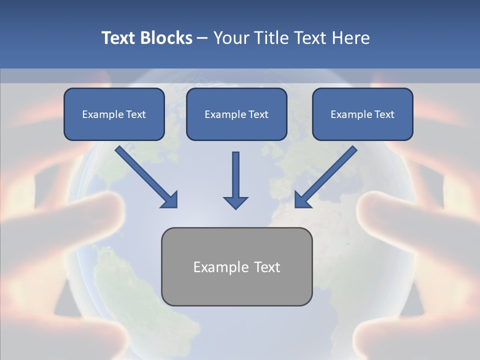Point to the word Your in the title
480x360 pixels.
231,38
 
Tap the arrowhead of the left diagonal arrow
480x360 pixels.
170,200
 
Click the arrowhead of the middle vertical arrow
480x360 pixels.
235,202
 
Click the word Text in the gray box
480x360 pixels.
267,267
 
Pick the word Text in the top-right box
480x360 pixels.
384,114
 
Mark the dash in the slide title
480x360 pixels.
202,38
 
